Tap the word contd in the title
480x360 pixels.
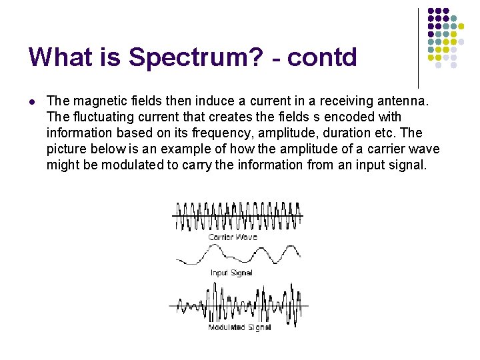(324, 57)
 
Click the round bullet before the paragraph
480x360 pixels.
(31, 101)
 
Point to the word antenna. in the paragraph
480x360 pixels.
(399, 101)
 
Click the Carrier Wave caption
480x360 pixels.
(233, 237)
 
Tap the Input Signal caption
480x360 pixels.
(231, 273)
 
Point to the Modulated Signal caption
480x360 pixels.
(239, 327)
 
